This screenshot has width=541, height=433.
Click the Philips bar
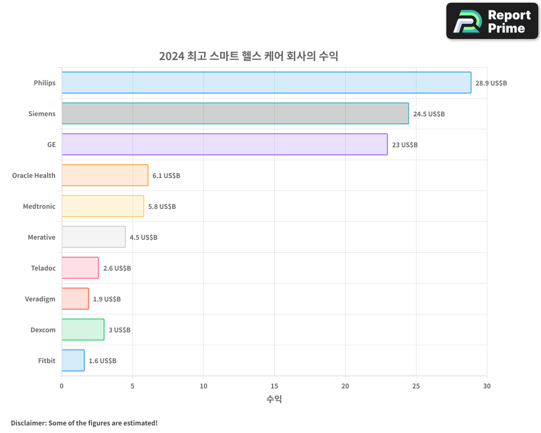[266, 83]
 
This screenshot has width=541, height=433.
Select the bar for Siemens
[235, 114]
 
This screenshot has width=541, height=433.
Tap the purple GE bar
[225, 145]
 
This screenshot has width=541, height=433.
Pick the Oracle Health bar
[104, 175]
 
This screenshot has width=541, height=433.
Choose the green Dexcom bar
[83, 330]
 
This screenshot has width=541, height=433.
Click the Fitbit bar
[73, 360]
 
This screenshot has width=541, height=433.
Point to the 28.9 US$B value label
[491, 83]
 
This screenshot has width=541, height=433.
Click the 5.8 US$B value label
[162, 207]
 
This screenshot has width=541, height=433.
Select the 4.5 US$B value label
[143, 238]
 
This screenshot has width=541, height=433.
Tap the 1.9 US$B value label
[107, 299]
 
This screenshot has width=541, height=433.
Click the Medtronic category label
[39, 206]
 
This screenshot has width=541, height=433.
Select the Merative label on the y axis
[42, 237]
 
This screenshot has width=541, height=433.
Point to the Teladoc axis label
[43, 268]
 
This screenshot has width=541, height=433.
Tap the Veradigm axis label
[40, 299]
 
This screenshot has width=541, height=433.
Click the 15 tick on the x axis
[274, 386]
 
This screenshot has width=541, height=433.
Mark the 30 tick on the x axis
[487, 386]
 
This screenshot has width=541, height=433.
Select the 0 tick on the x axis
[62, 386]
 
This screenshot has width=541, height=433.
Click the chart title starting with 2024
[248, 56]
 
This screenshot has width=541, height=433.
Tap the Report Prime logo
[492, 21]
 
